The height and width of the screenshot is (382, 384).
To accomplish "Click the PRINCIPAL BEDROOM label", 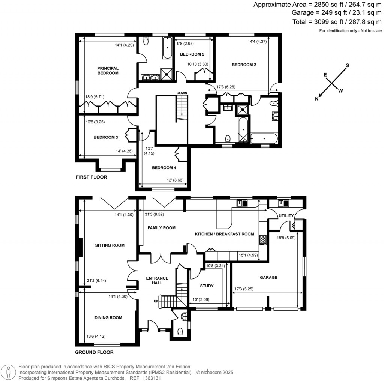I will pyautogui.click(x=108, y=71).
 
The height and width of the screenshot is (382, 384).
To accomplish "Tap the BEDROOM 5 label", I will pyautogui.click(x=192, y=54).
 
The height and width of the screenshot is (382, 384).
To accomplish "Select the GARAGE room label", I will pyautogui.click(x=268, y=278).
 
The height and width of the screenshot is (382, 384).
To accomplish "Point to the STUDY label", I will pyautogui.click(x=207, y=286).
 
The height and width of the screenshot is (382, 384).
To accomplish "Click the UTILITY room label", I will pyautogui.click(x=286, y=216).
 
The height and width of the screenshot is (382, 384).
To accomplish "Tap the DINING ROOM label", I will pyautogui.click(x=108, y=318).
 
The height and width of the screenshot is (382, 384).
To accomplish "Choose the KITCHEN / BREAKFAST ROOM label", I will pyautogui.click(x=224, y=234).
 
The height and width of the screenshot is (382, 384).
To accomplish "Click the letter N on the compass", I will pyautogui.click(x=317, y=99).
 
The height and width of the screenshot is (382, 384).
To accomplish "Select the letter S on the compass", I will pyautogui.click(x=347, y=65).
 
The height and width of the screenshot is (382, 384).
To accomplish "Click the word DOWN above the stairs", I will pyautogui.click(x=182, y=93).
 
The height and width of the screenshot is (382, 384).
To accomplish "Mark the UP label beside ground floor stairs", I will pyautogui.click(x=156, y=301).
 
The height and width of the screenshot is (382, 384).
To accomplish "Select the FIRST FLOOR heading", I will pyautogui.click(x=91, y=177).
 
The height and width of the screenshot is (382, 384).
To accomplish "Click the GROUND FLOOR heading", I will pyautogui.click(x=94, y=352).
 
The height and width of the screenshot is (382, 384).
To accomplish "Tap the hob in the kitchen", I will pyautogui.click(x=262, y=239).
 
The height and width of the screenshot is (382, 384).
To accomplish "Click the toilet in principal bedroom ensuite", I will pyautogui.click(x=146, y=42).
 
